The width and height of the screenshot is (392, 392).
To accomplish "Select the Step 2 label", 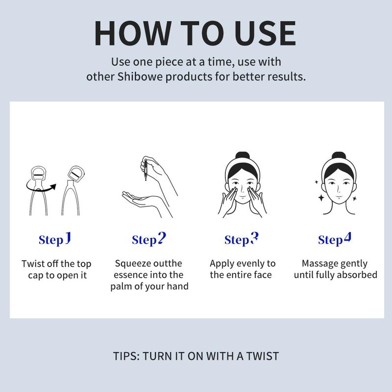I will pos(149,240).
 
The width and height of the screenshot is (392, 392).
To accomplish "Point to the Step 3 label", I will pos(241,240).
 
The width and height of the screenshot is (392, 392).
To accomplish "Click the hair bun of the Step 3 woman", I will pos(242,160).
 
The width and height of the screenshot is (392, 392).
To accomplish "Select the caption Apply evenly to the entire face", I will pos(243,269).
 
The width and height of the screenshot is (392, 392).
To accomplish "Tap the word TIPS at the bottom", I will pos(124,355).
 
